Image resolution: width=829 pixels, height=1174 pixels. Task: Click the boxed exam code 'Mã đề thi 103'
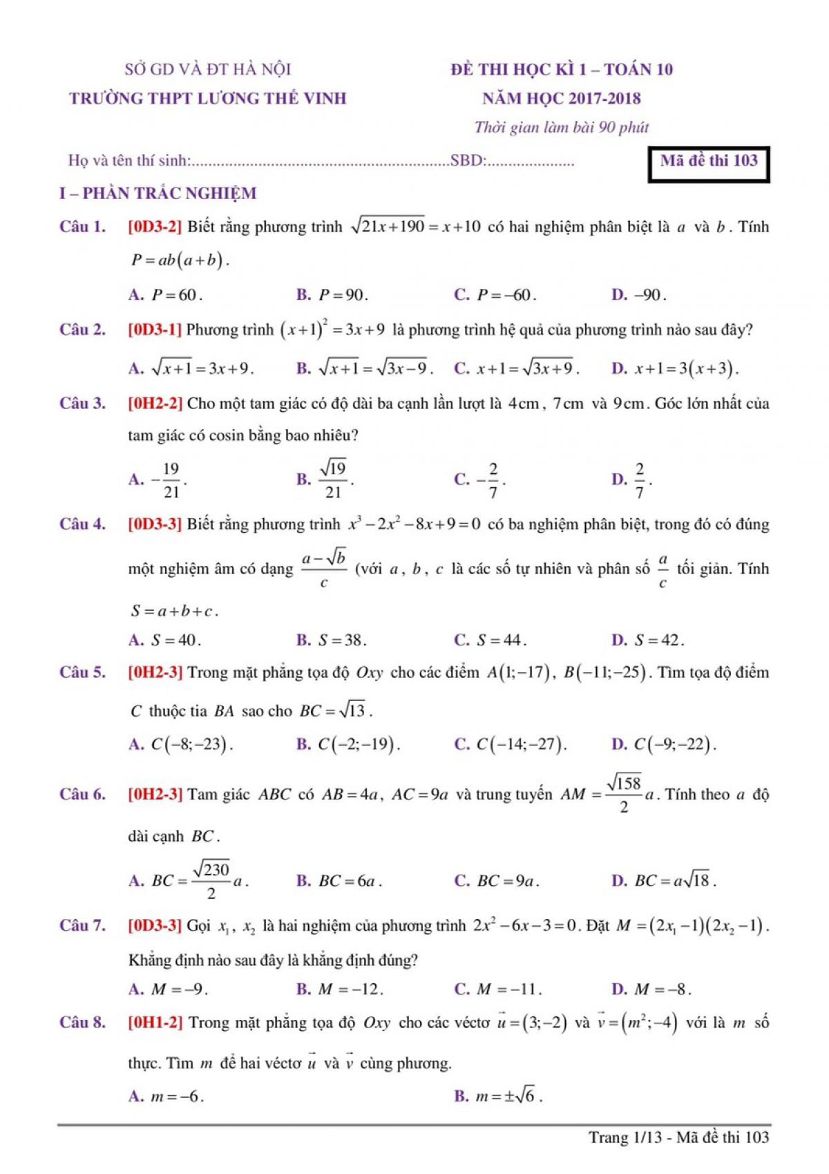(x=709, y=162)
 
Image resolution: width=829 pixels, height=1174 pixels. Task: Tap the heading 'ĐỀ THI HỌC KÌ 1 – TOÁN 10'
(x=562, y=69)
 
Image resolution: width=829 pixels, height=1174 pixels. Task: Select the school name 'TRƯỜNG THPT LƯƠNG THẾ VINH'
(x=208, y=98)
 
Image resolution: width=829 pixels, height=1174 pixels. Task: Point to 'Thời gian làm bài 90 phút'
(x=561, y=127)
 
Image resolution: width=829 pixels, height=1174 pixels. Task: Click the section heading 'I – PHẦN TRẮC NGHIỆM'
(x=158, y=193)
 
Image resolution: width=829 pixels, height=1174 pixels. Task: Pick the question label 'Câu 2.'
(x=83, y=330)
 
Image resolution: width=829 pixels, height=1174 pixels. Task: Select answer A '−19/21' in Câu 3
(x=158, y=480)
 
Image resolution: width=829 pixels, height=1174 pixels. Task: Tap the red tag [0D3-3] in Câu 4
(x=155, y=524)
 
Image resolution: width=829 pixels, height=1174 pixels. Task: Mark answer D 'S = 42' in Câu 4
(x=648, y=641)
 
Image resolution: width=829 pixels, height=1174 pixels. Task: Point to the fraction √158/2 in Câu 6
(x=624, y=794)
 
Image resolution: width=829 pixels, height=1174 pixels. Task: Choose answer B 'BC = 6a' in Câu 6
(x=340, y=881)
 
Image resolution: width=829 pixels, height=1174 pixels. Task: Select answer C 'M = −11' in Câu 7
(x=498, y=990)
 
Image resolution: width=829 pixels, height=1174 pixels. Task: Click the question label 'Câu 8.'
(x=83, y=1023)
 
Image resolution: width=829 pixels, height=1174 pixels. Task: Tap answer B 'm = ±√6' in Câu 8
(x=498, y=1096)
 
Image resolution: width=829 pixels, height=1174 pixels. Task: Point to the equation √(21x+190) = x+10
(x=415, y=227)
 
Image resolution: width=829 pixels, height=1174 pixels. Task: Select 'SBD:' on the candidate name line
(x=468, y=162)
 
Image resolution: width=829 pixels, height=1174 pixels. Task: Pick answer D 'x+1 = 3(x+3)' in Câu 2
(x=676, y=368)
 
